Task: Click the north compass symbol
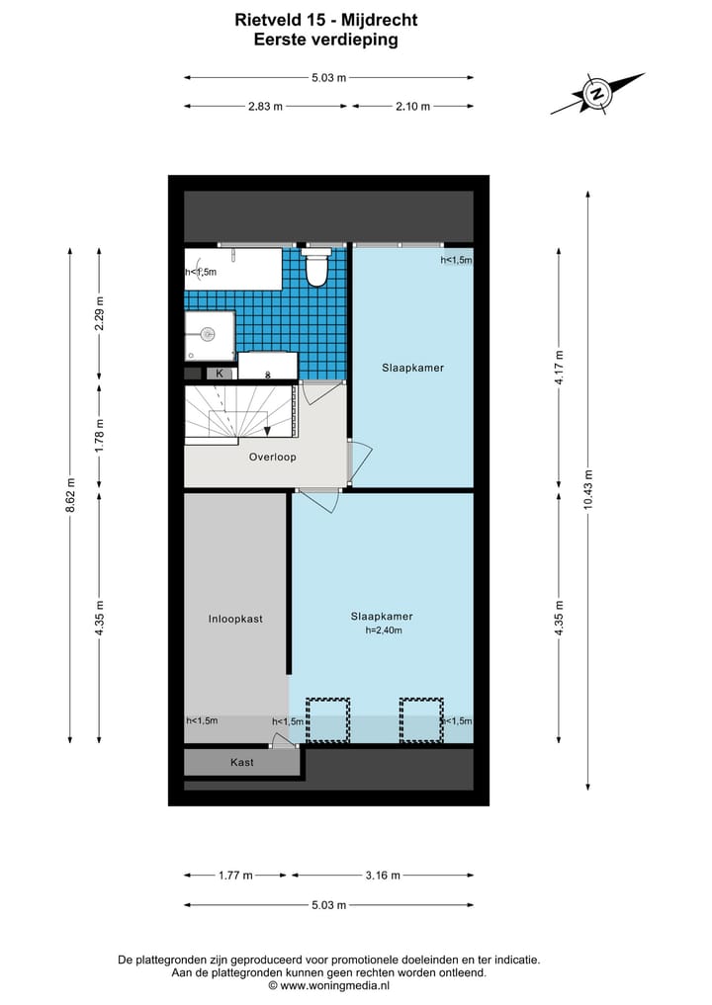coord(597,95)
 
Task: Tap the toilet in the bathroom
coord(316,267)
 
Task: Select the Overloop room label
coord(273,458)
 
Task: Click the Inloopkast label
coord(234,620)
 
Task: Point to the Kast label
coord(241,762)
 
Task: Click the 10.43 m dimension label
coord(587,488)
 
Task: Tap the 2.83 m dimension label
coord(264,107)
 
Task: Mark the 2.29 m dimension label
coord(98,313)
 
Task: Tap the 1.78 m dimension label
coord(98,435)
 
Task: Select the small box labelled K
coord(220,374)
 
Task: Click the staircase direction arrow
coord(268,429)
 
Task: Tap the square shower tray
coord(209,334)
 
